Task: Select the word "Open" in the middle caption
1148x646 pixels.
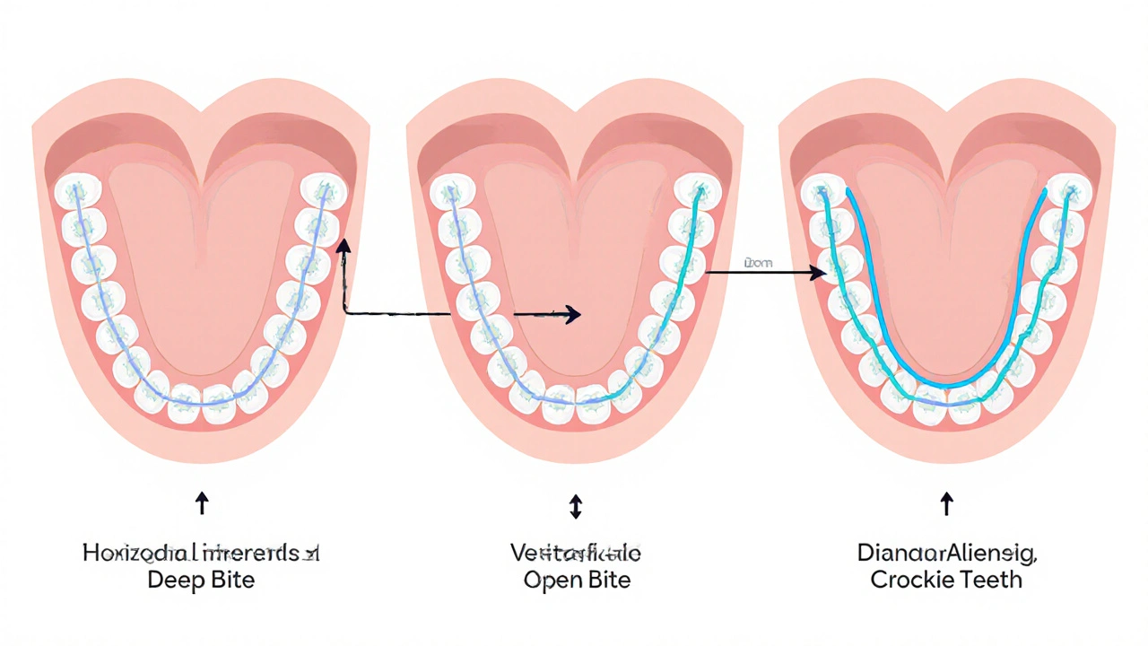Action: point(550,580)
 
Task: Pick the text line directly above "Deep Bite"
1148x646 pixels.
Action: point(201,553)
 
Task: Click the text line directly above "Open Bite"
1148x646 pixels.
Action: point(576,553)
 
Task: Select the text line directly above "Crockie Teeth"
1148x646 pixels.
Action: point(947,553)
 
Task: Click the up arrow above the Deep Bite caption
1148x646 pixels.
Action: point(202,502)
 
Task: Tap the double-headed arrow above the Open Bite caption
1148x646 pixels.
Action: point(576,508)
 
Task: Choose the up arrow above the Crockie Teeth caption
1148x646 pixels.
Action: point(946,502)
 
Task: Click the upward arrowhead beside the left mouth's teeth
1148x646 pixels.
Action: point(343,245)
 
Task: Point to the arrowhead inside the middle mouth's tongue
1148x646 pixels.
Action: point(571,314)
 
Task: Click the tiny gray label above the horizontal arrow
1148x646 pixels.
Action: point(758,263)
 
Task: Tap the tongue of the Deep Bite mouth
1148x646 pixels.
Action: point(201,269)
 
